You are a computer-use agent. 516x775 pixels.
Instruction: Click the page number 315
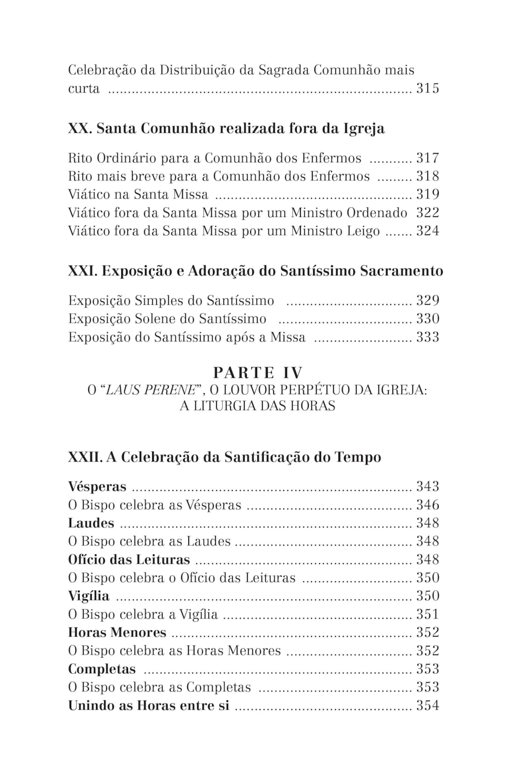point(427,88)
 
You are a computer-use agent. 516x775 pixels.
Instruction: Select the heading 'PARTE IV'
point(257,373)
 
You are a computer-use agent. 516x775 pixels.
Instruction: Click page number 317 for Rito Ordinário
point(427,158)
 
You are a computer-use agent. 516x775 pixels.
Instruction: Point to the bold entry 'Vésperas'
point(97,487)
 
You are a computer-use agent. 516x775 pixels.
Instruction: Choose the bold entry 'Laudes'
point(91,523)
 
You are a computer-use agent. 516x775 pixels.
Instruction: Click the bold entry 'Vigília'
point(89,596)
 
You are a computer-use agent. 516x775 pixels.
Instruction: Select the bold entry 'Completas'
point(102,669)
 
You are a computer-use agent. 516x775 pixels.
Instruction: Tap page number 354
point(427,706)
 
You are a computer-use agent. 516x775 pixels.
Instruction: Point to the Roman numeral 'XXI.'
point(83,271)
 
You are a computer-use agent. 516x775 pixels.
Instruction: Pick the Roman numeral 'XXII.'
point(85,457)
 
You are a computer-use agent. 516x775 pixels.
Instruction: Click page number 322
point(427,213)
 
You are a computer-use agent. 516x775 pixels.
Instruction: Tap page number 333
point(427,337)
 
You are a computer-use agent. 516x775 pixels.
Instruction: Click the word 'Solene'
point(155,319)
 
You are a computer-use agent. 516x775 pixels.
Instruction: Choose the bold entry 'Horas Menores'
point(117,633)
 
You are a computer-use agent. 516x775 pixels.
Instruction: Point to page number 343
point(427,487)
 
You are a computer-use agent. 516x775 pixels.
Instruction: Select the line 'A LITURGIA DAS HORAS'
point(257,406)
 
